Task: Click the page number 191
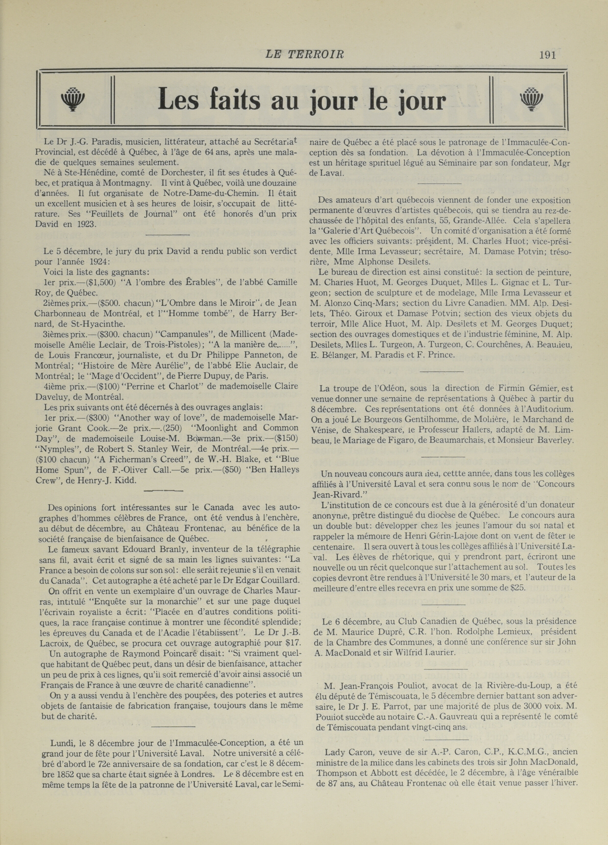click(x=547, y=55)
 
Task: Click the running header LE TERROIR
click(x=304, y=55)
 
